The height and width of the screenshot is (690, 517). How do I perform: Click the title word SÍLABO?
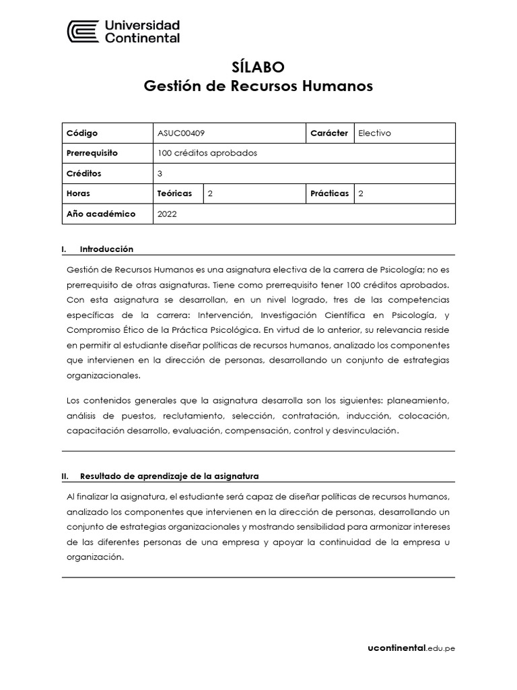tap(258, 67)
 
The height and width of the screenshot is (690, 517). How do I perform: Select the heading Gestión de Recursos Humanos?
tap(258, 86)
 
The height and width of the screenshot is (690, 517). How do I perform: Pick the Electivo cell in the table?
tap(374, 133)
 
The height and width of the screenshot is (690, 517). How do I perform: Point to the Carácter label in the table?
tap(329, 133)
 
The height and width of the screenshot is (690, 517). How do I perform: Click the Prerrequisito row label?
tap(92, 153)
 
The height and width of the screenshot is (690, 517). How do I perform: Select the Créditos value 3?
tap(160, 173)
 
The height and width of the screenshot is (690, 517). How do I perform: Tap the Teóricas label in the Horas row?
tap(174, 193)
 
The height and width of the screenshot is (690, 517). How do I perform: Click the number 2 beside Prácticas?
tap(361, 193)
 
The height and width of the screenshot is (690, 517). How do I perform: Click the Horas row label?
tap(78, 193)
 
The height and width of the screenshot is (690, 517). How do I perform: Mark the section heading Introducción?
tap(106, 249)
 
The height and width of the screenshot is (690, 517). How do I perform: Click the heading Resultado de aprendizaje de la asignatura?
tap(169, 476)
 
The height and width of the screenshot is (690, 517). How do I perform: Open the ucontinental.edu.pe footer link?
tap(411, 648)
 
